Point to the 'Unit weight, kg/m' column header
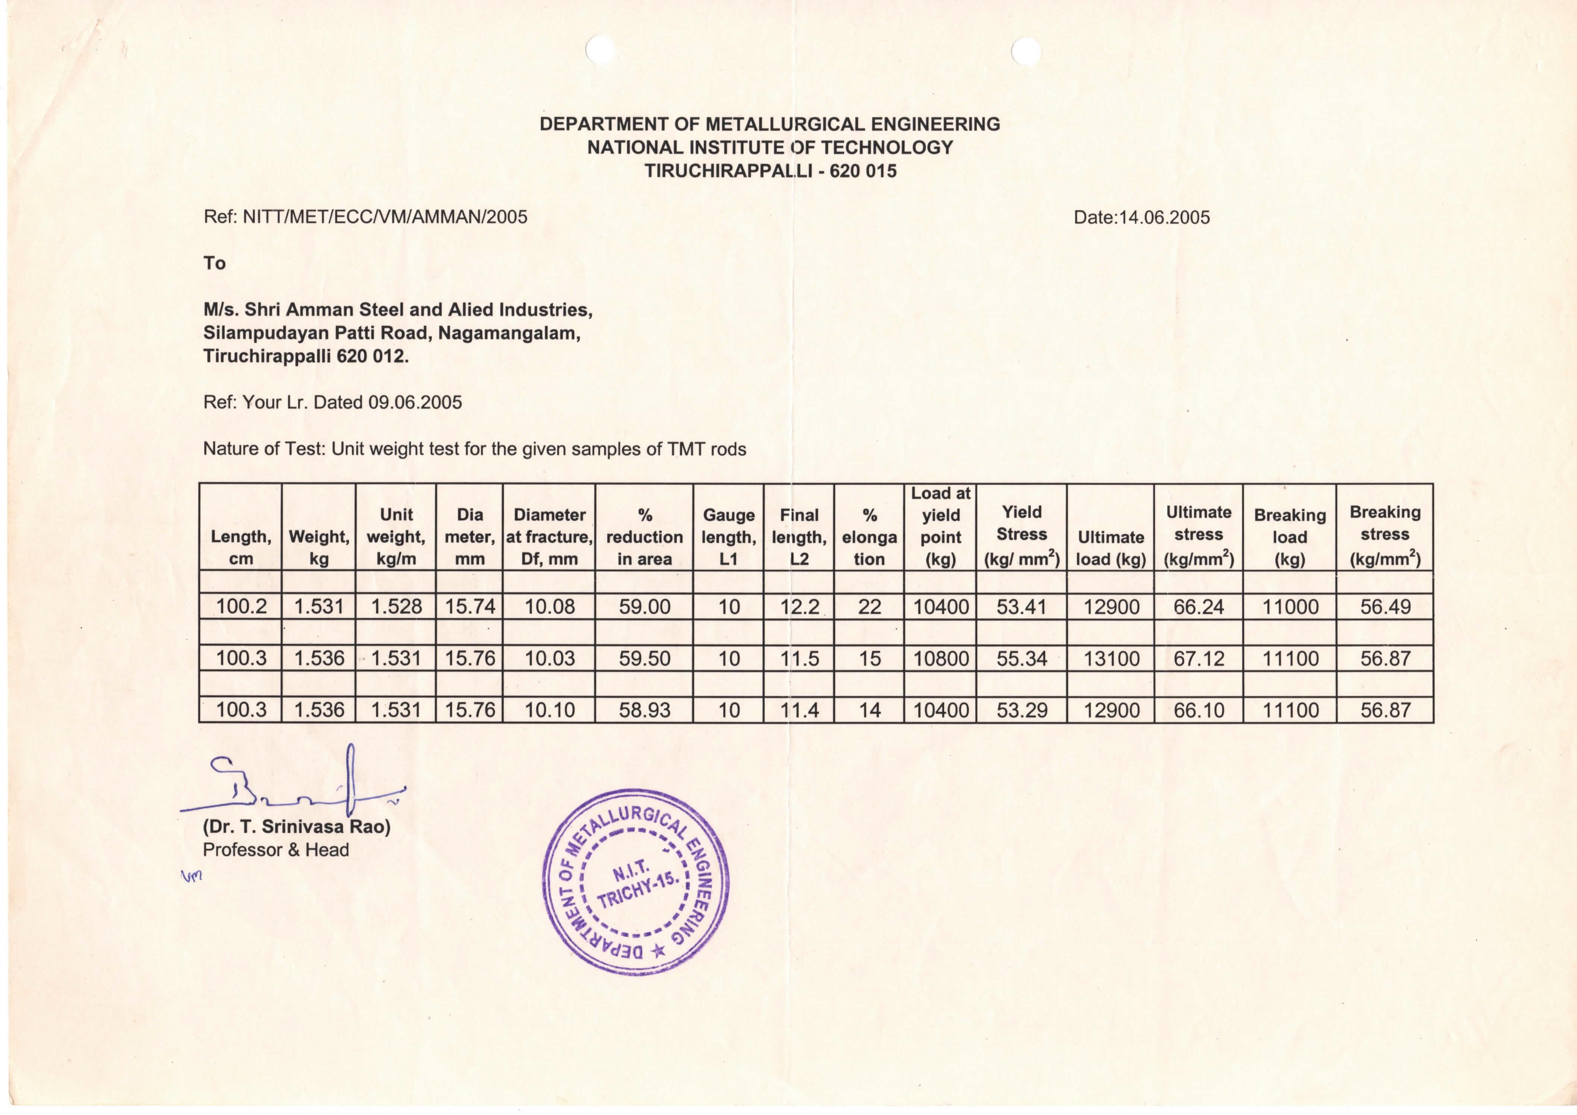(396, 537)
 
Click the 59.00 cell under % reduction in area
(644, 607)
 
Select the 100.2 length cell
(241, 607)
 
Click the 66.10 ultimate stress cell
(1198, 710)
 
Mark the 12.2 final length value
(800, 607)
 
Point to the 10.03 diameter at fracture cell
(549, 658)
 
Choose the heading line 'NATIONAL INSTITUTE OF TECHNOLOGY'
(770, 147)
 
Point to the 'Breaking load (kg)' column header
(1289, 537)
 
